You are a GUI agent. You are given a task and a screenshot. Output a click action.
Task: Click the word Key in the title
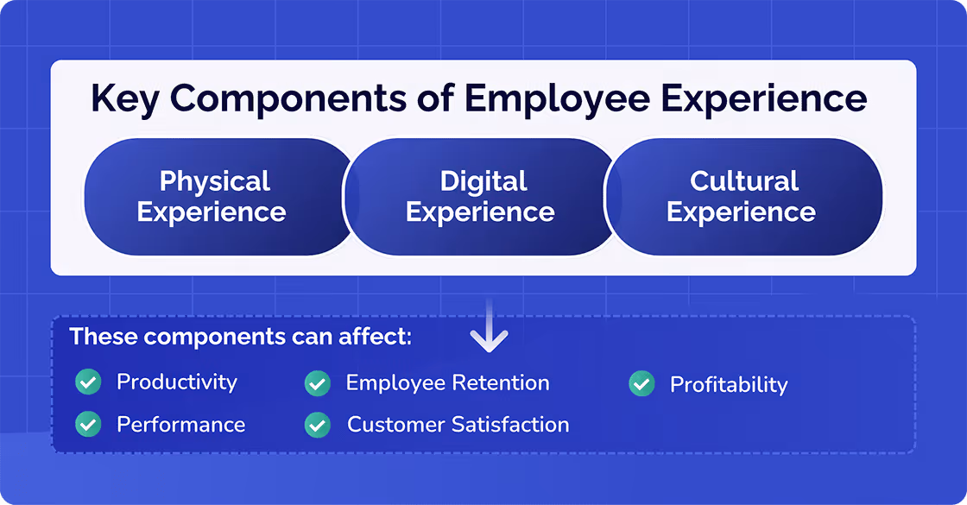(x=123, y=99)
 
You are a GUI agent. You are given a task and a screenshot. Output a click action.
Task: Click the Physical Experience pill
(x=213, y=197)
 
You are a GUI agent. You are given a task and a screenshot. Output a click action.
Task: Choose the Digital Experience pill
(x=481, y=197)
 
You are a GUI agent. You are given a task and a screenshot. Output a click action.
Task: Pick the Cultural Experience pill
(x=743, y=197)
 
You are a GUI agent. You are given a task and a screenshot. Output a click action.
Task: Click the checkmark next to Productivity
(x=88, y=382)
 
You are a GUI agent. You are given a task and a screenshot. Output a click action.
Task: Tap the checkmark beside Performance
(x=88, y=424)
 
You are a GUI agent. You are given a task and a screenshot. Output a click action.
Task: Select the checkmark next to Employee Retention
(x=318, y=382)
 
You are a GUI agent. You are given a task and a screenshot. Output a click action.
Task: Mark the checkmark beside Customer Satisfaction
(x=318, y=425)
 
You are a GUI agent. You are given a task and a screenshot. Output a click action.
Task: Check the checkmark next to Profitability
(x=642, y=383)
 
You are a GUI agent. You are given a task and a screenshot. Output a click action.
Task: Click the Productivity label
(x=177, y=382)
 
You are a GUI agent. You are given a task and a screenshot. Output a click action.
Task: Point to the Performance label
(x=181, y=425)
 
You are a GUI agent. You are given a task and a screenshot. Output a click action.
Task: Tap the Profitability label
(x=730, y=384)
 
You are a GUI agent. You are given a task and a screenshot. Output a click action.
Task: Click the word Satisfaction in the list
(x=515, y=425)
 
